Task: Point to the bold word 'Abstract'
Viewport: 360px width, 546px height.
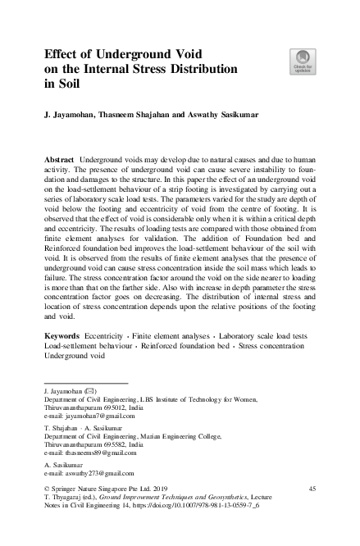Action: [x=59, y=155]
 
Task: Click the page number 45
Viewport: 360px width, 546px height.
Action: [x=312, y=489]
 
